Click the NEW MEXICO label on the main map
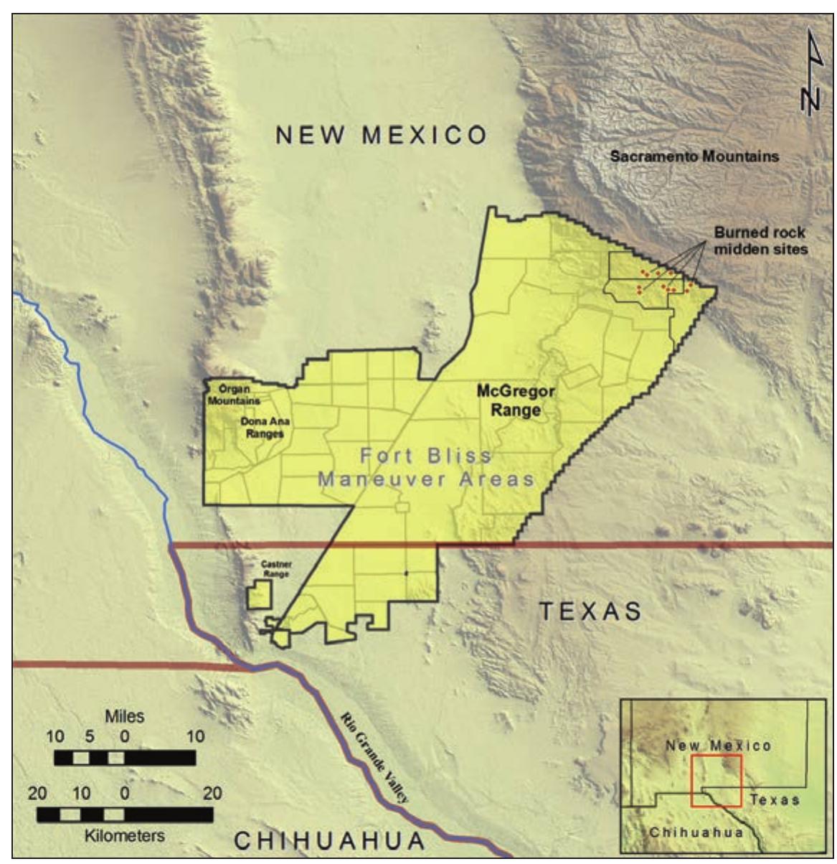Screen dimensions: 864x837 382,135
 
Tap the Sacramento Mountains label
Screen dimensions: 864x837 694,156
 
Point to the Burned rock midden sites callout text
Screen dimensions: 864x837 760,240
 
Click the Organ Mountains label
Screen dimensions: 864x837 234,395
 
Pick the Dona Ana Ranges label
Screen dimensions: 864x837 265,428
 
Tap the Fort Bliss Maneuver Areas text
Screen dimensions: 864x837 426,467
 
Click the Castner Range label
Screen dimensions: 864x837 277,570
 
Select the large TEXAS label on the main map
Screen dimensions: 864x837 590,611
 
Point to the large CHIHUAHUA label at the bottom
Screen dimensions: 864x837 331,840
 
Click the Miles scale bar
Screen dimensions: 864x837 125,758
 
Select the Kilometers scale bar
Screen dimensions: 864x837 125,815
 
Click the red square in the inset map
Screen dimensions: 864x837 716,781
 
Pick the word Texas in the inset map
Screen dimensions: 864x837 775,799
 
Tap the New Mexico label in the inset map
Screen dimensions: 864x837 718,746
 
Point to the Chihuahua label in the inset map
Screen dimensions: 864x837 686,832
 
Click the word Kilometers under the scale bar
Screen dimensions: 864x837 125,835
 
